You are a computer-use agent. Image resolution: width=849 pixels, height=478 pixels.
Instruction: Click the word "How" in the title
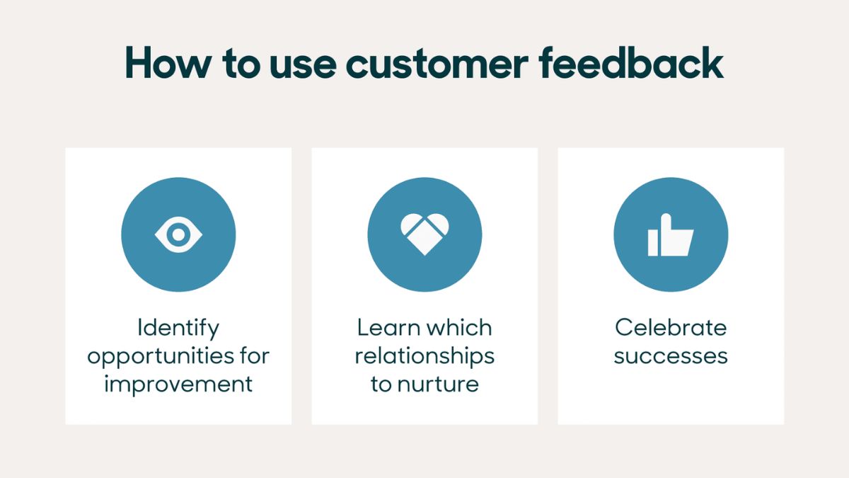[x=168, y=63]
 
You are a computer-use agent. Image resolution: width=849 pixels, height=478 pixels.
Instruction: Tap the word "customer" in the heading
[x=437, y=64]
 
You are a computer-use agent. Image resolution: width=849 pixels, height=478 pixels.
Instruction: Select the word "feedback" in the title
[x=631, y=62]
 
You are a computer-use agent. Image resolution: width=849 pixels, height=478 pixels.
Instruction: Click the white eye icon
[x=178, y=234]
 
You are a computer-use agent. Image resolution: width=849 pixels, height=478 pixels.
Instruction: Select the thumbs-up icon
[x=671, y=234]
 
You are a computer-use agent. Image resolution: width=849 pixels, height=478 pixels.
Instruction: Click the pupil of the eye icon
[x=178, y=234]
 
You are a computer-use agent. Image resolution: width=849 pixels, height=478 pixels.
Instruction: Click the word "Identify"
[x=178, y=329]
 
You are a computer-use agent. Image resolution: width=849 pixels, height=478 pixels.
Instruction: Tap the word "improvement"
[x=178, y=385]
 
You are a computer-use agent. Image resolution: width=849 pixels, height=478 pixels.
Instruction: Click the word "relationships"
[x=424, y=357]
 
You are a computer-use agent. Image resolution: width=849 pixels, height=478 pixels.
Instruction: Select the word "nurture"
[x=438, y=385]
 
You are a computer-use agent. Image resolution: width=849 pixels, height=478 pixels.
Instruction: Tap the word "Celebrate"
[x=671, y=327]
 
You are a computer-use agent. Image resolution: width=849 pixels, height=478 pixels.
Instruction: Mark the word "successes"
[x=671, y=357]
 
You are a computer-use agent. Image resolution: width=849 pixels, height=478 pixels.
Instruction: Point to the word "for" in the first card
[x=255, y=355]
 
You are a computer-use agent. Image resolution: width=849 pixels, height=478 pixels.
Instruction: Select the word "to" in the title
[x=241, y=64]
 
